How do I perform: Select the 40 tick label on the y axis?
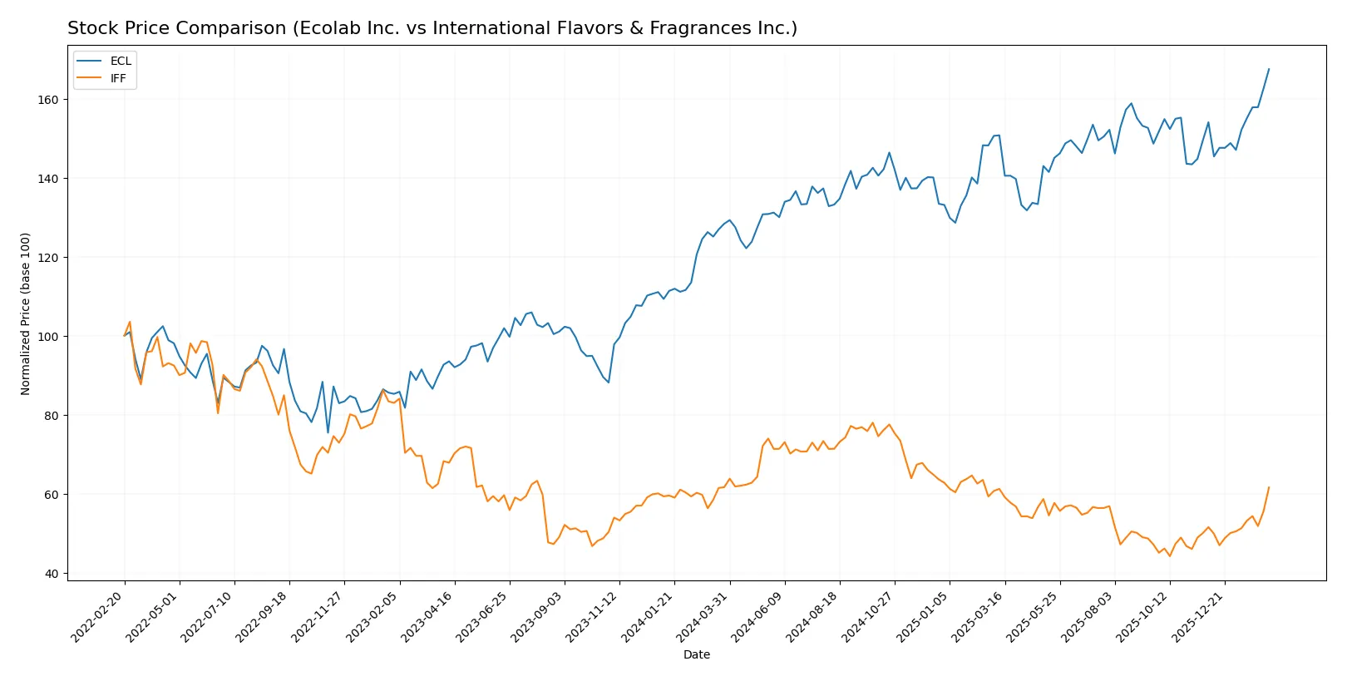(x=52, y=574)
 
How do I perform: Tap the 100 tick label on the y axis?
(x=48, y=337)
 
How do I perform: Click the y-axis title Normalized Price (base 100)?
(x=26, y=313)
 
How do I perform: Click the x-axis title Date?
(x=696, y=654)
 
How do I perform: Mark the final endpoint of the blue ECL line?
(x=1269, y=69)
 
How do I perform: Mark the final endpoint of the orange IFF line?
(x=1269, y=487)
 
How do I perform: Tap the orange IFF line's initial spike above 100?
(x=130, y=322)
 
